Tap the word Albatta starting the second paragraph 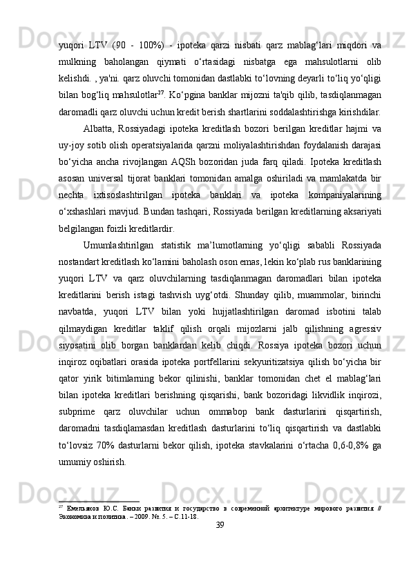point(101,126)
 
